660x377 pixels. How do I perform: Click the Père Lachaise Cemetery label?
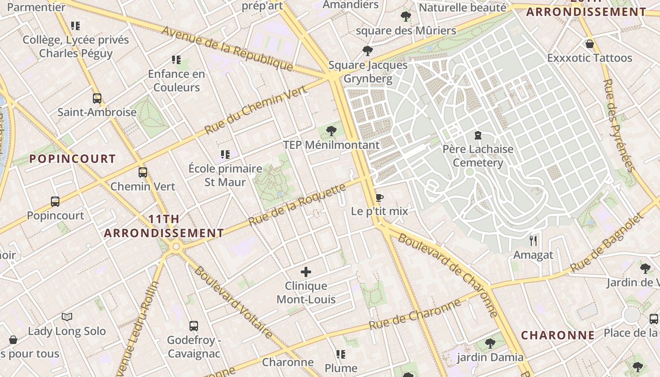[478, 156]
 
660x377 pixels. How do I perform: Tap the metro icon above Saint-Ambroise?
[97, 98]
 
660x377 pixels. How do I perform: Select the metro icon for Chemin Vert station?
[143, 172]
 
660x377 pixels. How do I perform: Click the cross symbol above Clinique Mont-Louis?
[306, 272]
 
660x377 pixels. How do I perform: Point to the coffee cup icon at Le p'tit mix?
[379, 197]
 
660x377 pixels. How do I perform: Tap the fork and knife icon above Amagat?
[533, 241]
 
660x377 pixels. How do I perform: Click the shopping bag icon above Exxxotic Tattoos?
[589, 44]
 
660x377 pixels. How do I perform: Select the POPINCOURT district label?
[73, 159]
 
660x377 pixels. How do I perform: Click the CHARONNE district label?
[558, 336]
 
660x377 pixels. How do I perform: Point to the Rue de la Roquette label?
[297, 204]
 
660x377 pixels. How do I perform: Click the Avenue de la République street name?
[227, 48]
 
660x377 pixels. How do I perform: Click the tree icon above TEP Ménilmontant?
[331, 131]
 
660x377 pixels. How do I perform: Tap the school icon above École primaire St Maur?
[225, 154]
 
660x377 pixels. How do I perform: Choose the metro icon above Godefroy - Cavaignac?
[194, 326]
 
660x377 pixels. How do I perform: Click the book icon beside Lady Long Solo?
[67, 317]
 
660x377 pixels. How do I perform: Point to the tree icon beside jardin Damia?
[490, 343]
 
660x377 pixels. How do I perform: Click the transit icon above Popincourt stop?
[55, 202]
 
